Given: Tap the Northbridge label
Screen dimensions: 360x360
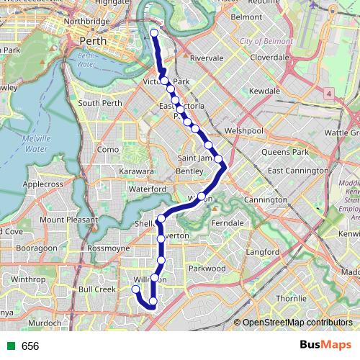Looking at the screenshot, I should (86, 22).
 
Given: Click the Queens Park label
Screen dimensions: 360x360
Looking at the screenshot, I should (284, 152).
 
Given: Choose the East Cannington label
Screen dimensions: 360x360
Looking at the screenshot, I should (297, 171).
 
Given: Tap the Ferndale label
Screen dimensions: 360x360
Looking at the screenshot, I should (228, 223).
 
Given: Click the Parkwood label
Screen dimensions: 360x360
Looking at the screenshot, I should (207, 268).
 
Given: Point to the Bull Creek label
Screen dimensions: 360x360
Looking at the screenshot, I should (96, 289).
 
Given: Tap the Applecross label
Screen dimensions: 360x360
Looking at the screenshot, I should (44, 184).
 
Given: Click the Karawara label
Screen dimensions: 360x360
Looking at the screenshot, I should (137, 172).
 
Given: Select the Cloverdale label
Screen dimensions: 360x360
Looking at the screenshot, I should (268, 55).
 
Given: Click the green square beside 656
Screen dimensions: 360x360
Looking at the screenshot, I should (9, 346).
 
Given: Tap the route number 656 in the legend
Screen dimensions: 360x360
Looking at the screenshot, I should (30, 346).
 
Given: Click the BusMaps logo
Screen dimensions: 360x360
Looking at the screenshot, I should (323, 346).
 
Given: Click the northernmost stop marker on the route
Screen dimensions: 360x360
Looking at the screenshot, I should (155, 33).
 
